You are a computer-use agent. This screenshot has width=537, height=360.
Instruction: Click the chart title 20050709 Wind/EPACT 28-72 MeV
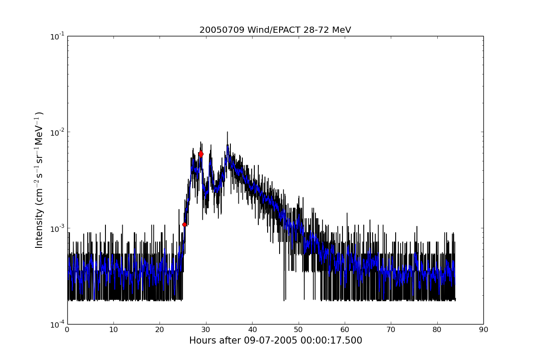click(275, 30)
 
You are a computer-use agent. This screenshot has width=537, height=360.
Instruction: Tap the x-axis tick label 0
click(67, 330)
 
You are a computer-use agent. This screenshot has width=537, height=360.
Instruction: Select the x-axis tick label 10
click(113, 330)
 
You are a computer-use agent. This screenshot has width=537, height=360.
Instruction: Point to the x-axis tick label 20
click(160, 330)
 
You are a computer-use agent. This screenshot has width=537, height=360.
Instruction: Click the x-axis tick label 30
click(206, 330)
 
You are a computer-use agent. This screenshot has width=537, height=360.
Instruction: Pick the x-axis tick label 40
click(252, 330)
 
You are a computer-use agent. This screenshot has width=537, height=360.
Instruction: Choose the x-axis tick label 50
click(299, 330)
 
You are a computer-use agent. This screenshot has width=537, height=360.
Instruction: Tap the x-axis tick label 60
click(345, 330)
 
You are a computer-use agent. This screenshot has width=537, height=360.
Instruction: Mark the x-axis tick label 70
click(391, 330)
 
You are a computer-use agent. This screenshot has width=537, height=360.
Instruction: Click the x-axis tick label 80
click(437, 330)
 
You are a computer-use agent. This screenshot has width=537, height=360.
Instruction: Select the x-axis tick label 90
click(483, 330)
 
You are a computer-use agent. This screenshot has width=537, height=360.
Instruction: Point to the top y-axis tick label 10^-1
click(58, 36)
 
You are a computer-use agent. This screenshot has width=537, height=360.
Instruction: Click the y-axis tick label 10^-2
click(58, 132)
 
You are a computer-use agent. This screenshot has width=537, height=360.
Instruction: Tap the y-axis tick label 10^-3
click(58, 228)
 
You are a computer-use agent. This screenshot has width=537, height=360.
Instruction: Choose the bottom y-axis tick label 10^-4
click(58, 324)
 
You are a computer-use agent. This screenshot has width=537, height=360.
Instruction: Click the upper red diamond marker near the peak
click(201, 154)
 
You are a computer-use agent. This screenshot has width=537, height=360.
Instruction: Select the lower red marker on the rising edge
click(184, 224)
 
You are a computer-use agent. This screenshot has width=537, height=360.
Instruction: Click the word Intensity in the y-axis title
click(39, 228)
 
